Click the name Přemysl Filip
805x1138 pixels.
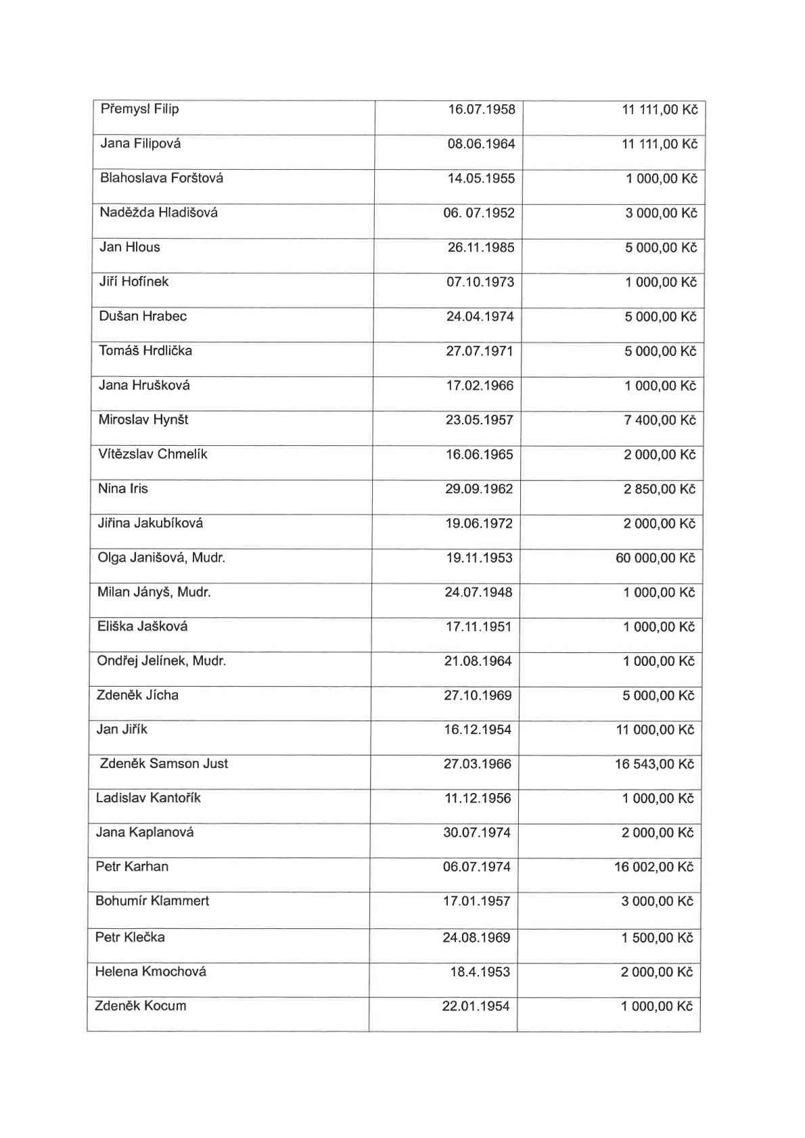[x=139, y=109]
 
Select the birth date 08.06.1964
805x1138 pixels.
[x=481, y=144]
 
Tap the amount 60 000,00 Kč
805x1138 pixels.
[x=655, y=558]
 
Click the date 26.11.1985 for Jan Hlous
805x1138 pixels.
[x=480, y=248]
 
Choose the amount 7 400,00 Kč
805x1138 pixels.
[x=659, y=420]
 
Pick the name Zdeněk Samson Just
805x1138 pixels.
[x=164, y=764]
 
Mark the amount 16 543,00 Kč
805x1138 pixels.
[x=654, y=765]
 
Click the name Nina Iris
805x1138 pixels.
[x=122, y=488]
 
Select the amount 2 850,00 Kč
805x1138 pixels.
[x=659, y=489]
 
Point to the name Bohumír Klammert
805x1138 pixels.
[x=152, y=901]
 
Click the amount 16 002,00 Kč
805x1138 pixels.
[x=654, y=867]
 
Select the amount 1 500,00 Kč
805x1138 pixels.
[x=658, y=938]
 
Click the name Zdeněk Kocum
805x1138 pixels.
[x=140, y=1006]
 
